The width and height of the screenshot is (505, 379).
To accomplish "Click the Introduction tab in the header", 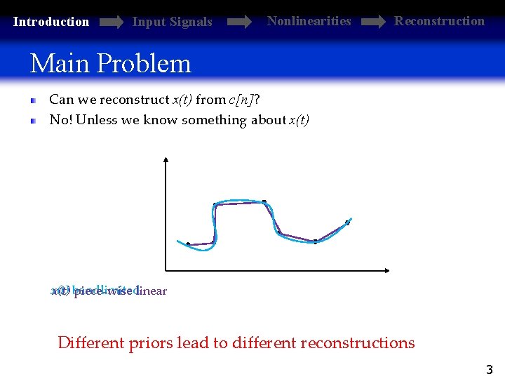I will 51,22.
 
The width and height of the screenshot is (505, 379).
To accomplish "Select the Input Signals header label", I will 172,22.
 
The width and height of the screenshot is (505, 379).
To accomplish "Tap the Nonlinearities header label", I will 309,21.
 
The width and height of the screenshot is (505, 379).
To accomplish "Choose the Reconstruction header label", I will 439,21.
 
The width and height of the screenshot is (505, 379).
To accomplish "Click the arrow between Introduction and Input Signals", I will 111,22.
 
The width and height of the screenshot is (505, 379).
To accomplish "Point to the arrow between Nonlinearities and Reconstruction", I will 372,22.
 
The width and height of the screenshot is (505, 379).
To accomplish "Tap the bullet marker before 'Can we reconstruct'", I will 33,100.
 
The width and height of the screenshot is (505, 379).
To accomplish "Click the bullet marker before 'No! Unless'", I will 33,121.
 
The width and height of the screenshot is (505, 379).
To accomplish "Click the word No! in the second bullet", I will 60,120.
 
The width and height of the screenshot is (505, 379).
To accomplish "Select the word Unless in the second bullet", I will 96,120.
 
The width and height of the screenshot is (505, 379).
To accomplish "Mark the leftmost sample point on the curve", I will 188,244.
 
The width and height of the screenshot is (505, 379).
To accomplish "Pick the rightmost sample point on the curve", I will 346,223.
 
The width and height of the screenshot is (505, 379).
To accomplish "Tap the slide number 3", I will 489,369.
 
